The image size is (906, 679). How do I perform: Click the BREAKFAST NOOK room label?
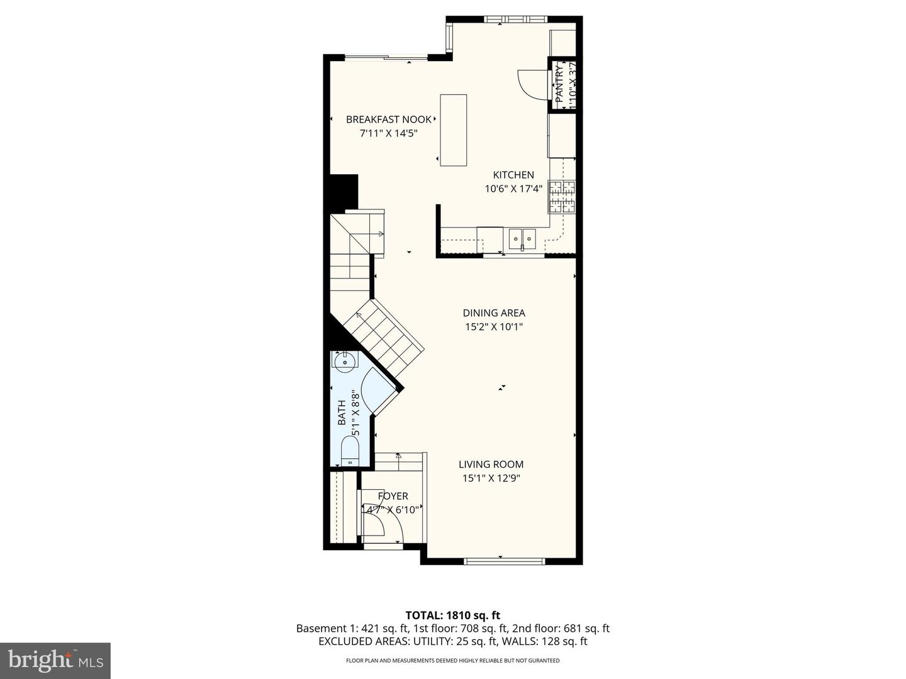tap(389, 119)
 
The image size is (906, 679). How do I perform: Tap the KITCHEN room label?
tap(513, 175)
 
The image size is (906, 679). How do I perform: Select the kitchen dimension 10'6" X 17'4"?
tap(513, 189)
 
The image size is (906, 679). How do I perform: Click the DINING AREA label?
tap(494, 312)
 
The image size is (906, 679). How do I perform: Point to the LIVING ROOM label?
tap(491, 465)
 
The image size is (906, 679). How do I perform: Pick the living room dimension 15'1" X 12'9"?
tap(491, 478)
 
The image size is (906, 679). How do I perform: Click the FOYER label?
tap(393, 496)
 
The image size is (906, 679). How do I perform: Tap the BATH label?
tap(342, 413)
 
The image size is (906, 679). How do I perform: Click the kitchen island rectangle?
tap(453, 130)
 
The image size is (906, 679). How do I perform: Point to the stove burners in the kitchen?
tap(562, 196)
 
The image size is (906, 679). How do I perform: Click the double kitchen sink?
tap(522, 237)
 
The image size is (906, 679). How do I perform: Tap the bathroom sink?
tap(344, 360)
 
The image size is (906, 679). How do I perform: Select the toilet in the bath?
tap(349, 451)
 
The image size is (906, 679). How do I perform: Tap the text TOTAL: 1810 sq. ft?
tap(452, 615)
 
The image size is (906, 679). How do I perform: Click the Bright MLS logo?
tap(55, 660)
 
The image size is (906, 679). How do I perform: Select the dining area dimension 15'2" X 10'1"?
tap(494, 327)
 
